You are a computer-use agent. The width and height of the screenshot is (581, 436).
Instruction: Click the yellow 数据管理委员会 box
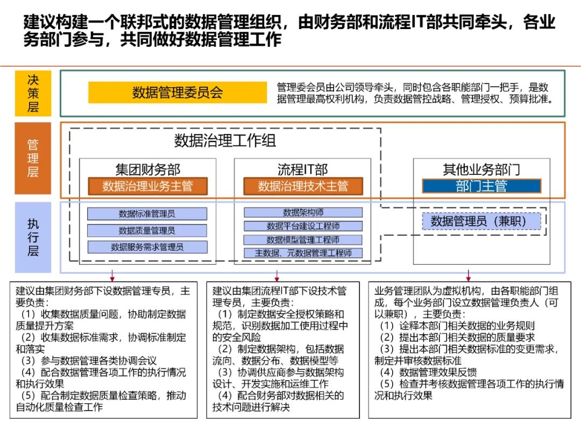click(178, 93)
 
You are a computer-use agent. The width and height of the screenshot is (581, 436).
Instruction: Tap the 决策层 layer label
click(33, 93)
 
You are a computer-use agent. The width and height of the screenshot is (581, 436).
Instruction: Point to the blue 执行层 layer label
click(33, 237)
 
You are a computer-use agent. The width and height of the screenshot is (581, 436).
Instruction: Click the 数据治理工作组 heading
click(225, 141)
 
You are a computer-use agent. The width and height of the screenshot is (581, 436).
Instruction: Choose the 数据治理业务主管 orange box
click(147, 186)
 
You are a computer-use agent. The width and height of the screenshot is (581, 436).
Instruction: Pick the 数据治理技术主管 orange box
click(303, 186)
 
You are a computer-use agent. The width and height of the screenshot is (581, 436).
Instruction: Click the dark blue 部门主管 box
click(481, 186)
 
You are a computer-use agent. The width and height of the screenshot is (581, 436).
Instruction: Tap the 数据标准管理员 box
click(147, 214)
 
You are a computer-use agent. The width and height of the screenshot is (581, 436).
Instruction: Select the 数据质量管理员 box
click(147, 230)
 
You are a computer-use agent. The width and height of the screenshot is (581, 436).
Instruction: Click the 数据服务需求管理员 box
click(147, 247)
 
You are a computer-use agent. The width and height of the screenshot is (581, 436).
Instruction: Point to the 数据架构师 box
click(303, 213)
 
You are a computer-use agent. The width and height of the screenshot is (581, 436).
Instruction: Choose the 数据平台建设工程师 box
click(303, 226)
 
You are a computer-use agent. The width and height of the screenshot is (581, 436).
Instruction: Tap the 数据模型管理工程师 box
click(303, 240)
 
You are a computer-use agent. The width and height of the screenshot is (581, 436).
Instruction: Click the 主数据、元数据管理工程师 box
click(303, 253)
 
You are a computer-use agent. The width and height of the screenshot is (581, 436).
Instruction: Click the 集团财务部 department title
click(147, 170)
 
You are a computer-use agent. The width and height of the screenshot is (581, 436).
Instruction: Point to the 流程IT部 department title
click(302, 170)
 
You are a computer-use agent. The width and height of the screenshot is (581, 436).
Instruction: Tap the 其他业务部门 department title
click(481, 170)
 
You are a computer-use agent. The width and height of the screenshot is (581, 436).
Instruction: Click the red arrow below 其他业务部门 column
click(469, 276)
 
